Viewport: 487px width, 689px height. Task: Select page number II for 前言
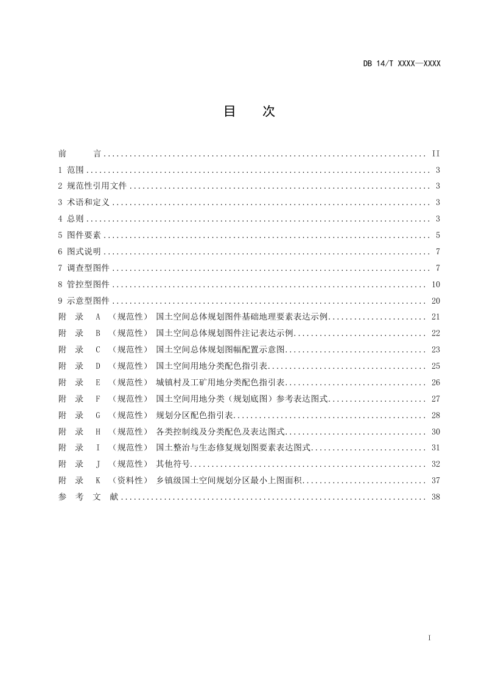pos(435,153)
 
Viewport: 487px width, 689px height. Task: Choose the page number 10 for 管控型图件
pos(435,284)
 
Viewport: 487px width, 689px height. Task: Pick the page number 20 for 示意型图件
pos(435,301)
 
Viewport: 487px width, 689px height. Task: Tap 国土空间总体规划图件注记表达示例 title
pos(225,334)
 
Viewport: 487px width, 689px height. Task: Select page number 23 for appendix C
pos(435,350)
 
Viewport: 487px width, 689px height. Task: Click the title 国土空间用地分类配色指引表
pos(212,366)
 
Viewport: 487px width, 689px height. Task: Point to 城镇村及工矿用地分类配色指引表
pos(221,383)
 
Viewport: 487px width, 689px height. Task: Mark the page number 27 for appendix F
pos(435,399)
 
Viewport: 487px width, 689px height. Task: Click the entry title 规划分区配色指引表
pos(195,416)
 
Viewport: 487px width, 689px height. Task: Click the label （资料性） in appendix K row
pos(130,481)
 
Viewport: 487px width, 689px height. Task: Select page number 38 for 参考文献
pos(435,497)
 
